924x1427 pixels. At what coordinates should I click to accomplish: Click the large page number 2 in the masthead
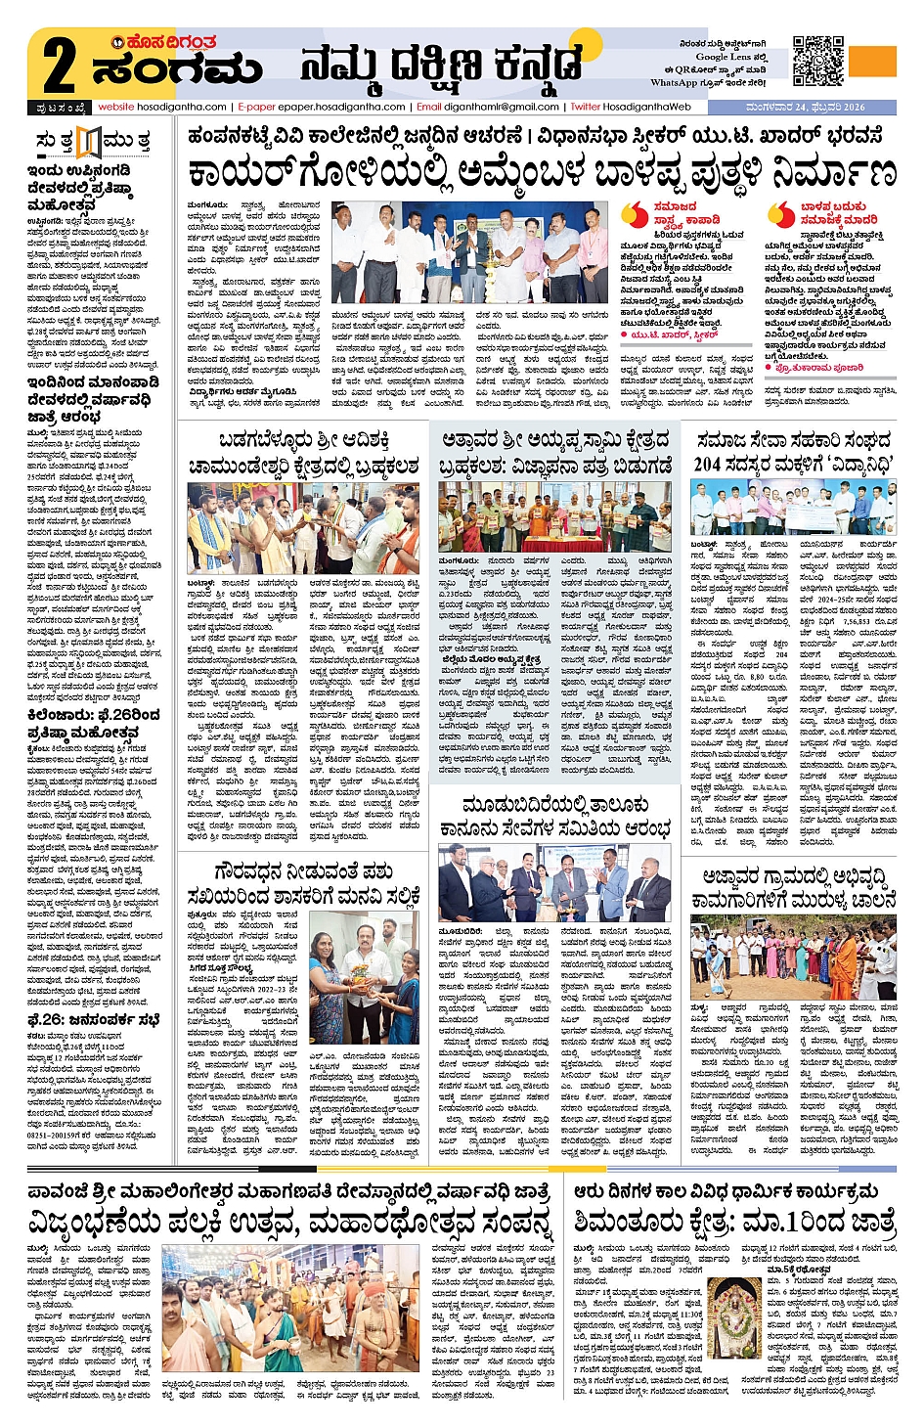[59, 67]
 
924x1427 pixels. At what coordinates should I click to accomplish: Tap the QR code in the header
[817, 61]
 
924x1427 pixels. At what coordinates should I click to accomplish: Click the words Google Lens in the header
[725, 57]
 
